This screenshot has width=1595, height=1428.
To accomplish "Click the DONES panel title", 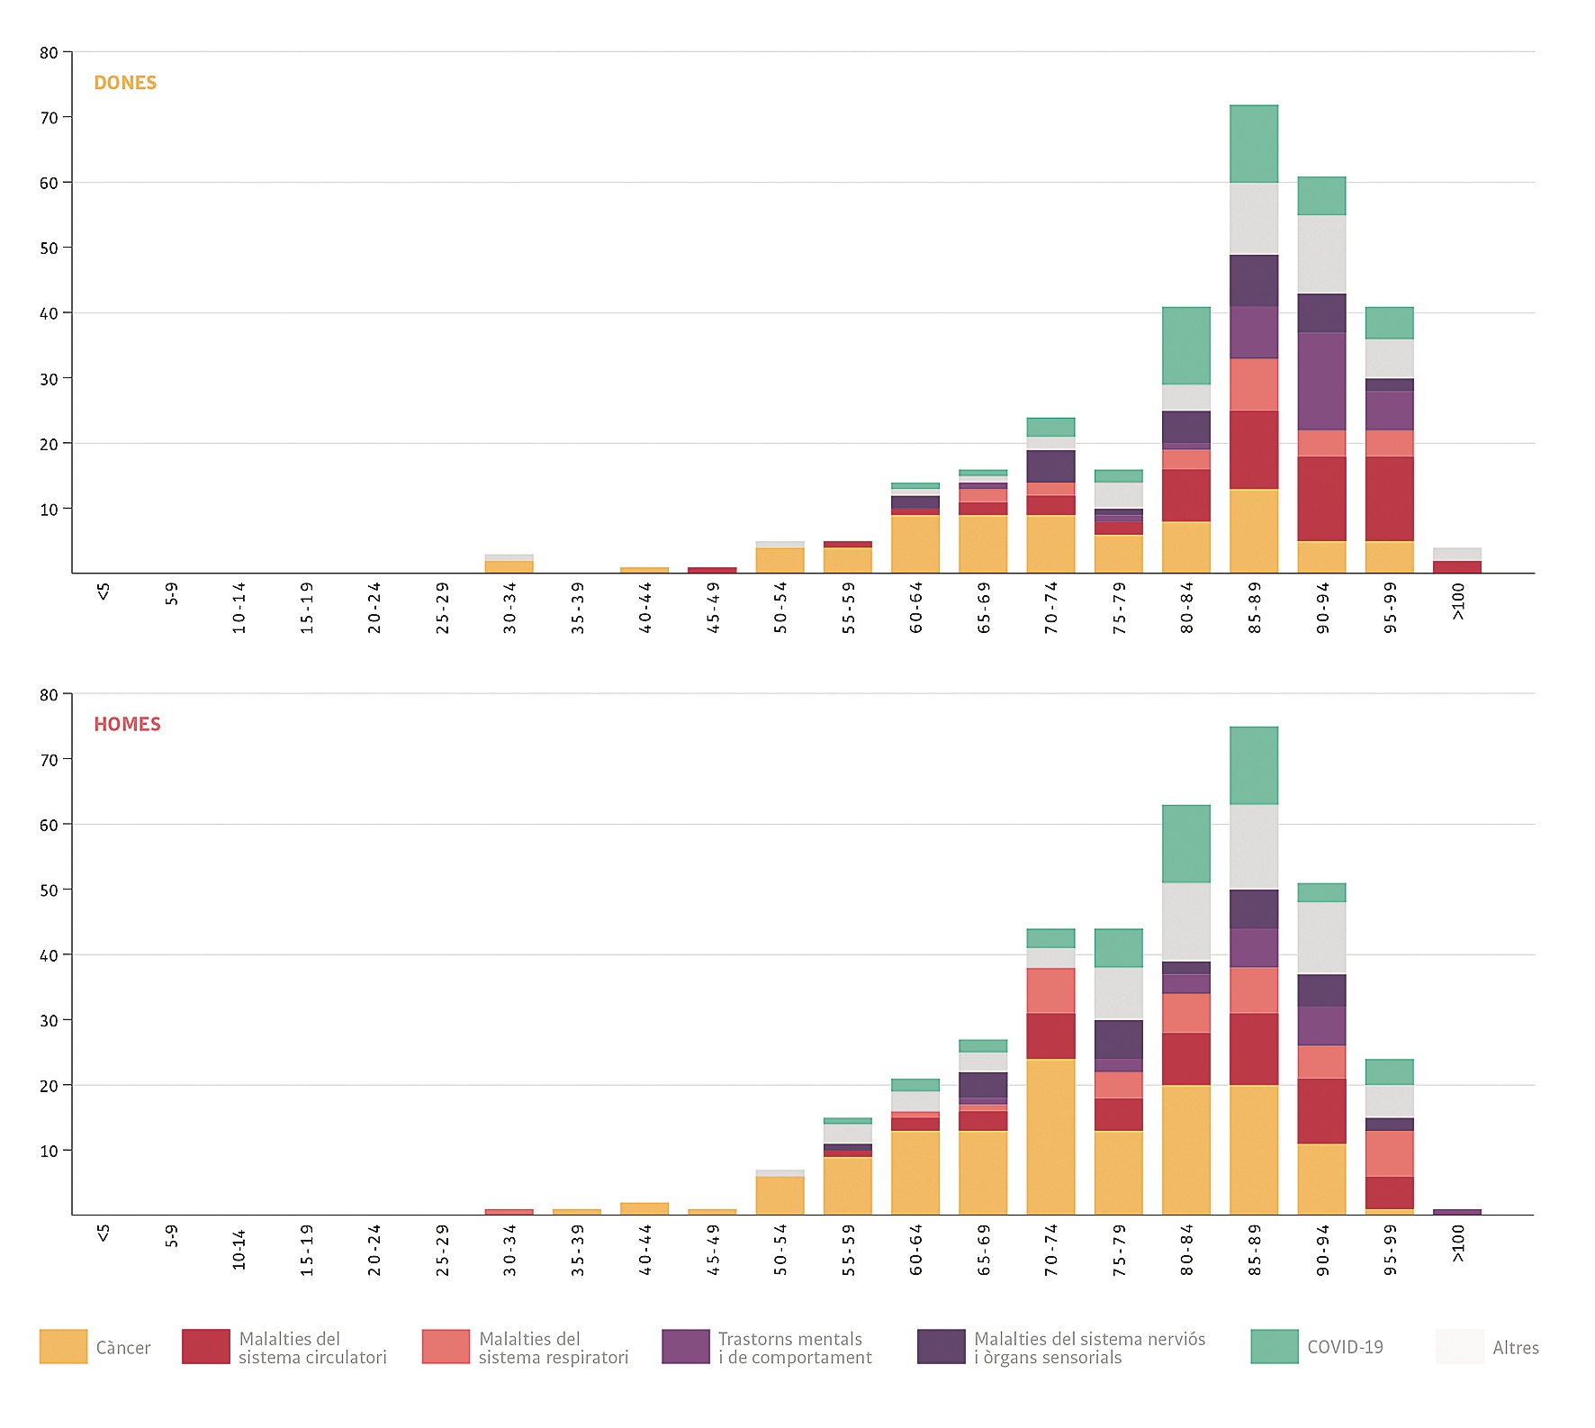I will (125, 83).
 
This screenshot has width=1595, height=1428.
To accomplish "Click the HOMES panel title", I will (127, 725).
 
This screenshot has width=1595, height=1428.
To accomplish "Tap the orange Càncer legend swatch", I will (63, 1346).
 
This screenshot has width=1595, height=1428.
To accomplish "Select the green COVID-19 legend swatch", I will (1274, 1346).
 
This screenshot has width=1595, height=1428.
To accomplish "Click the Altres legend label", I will (1515, 1348).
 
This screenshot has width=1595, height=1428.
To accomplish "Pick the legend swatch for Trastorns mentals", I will (685, 1346).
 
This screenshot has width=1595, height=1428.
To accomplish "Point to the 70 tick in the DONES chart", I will (49, 118).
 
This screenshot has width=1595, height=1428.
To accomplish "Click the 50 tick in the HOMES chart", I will (49, 890).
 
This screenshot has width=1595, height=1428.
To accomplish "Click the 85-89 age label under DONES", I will (1255, 608).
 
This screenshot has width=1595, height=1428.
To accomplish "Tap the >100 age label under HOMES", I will (1458, 1243).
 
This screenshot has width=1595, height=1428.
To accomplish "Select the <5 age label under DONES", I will (104, 592).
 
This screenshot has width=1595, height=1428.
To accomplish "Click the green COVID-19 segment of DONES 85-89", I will (1254, 144).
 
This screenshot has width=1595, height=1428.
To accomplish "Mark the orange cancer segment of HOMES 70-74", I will (1050, 1136).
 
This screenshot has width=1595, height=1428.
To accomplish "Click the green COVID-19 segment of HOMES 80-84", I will (1186, 844).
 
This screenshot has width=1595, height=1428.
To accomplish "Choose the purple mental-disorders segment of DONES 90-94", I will (1321, 381).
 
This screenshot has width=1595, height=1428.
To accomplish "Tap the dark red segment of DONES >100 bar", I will (1457, 567).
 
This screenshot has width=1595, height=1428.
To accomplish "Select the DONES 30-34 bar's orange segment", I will (509, 567).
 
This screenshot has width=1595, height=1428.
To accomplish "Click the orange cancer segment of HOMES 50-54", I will (779, 1196).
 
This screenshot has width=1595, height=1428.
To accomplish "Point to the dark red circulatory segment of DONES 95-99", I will (1389, 499).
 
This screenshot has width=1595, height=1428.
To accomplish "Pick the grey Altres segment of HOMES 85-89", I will (1254, 846).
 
